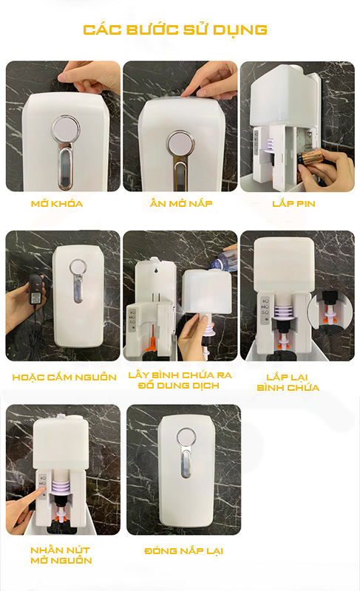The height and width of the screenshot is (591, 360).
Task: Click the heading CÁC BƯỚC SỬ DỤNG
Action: [x=175, y=30]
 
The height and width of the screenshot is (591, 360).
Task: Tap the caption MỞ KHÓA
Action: [x=57, y=204]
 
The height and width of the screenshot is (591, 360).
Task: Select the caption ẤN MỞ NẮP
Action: [x=181, y=203]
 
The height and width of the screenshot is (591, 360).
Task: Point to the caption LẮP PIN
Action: [x=293, y=204]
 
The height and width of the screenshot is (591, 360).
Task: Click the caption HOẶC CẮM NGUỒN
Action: [x=64, y=377]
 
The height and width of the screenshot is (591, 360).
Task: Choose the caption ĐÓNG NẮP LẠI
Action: [x=183, y=550]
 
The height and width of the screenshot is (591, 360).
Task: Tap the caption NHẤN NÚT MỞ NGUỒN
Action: [x=61, y=556]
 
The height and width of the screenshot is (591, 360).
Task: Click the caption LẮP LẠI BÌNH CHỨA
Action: [x=288, y=382]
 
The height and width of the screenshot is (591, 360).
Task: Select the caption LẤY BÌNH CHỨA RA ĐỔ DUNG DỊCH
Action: [x=180, y=380]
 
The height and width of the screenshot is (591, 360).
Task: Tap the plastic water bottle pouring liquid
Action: [x=223, y=259]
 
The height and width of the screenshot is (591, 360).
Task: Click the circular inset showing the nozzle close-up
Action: [x=330, y=312]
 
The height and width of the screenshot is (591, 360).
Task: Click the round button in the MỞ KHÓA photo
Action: [x=66, y=129]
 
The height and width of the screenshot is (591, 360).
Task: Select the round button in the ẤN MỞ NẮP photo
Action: [x=181, y=145]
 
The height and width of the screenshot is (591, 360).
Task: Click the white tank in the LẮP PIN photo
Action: [x=285, y=95]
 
